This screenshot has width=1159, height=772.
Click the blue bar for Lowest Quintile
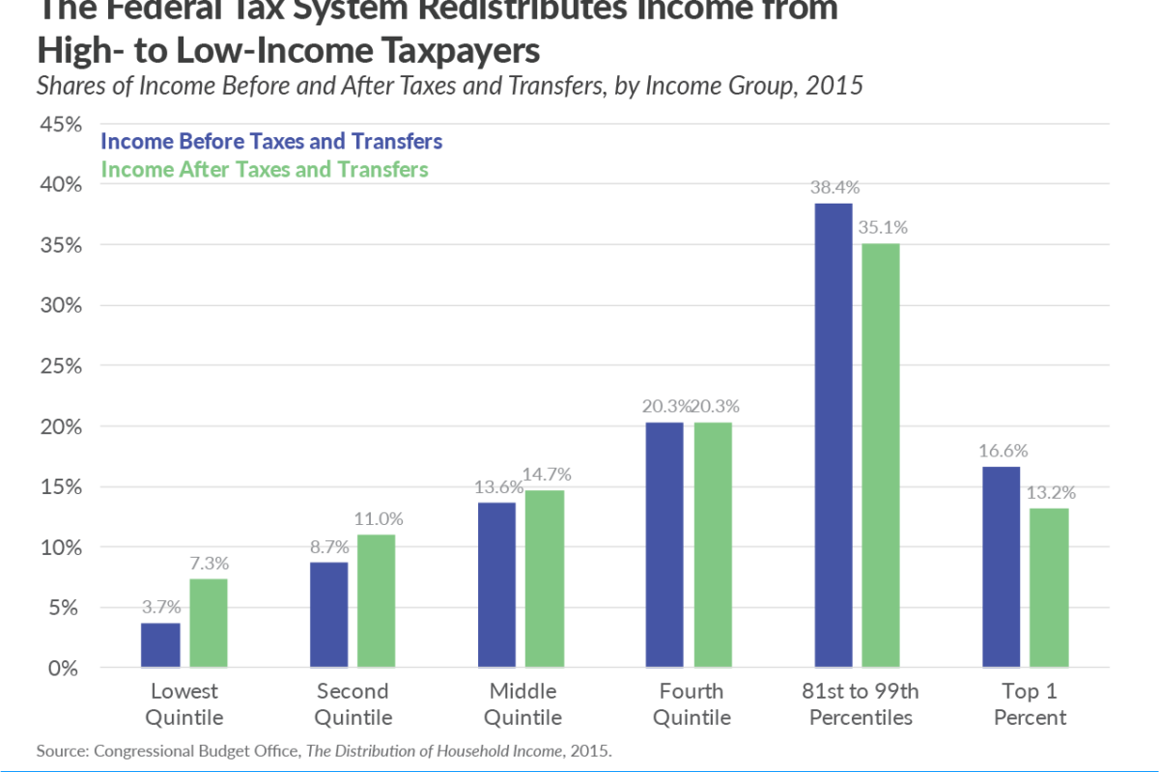(x=160, y=645)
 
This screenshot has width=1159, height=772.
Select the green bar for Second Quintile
(x=376, y=600)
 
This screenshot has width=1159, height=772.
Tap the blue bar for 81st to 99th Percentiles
(x=833, y=434)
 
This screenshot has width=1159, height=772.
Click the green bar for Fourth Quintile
(x=713, y=544)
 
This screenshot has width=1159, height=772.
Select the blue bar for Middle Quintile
(x=496, y=585)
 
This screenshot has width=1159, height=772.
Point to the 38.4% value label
(x=833, y=187)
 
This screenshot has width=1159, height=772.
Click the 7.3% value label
(x=209, y=563)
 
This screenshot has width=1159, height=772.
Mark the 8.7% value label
(x=329, y=545)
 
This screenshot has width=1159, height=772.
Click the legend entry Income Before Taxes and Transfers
(x=271, y=142)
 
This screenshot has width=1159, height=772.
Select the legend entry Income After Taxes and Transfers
(x=264, y=170)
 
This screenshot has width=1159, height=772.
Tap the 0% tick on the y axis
(x=64, y=668)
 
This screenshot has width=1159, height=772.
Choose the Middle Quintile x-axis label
(x=522, y=704)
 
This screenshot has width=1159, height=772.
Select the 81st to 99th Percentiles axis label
(x=861, y=704)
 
